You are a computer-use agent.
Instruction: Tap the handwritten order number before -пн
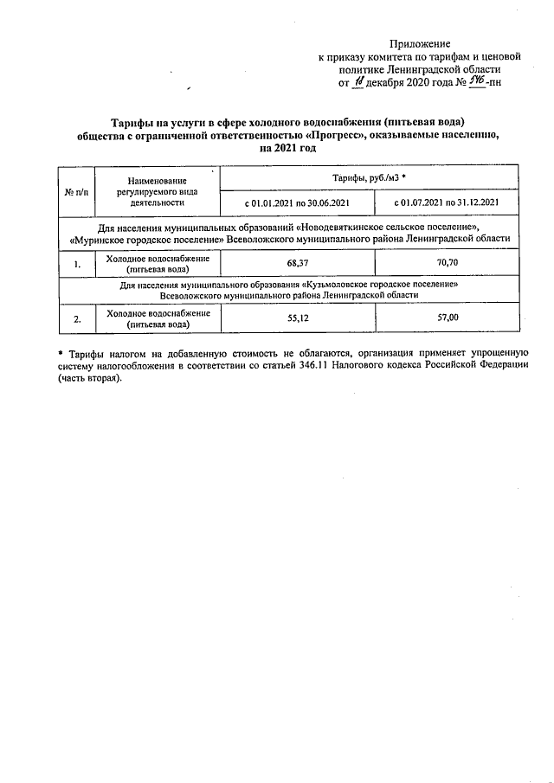(474, 82)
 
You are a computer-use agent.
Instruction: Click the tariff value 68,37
(297, 263)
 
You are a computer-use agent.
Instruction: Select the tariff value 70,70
(447, 263)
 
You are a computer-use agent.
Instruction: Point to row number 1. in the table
(77, 264)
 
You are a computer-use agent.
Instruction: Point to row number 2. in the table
(77, 319)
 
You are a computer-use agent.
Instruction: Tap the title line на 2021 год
(287, 148)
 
